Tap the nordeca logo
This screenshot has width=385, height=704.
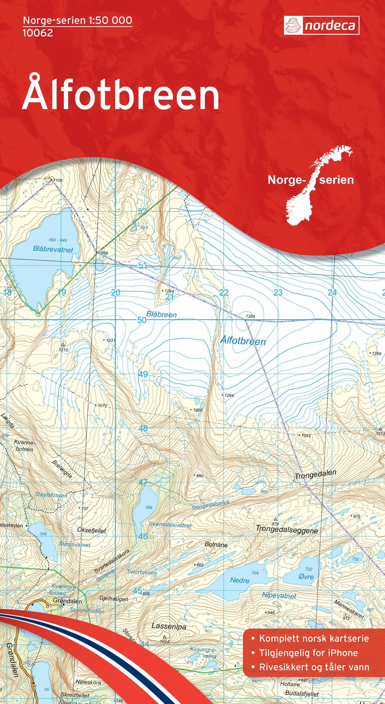click(x=321, y=25)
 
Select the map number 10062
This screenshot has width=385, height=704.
click(x=38, y=33)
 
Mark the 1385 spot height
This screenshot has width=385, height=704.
click(x=250, y=316)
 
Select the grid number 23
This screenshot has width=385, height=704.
click(x=278, y=292)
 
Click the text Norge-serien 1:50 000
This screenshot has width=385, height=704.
click(x=78, y=20)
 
